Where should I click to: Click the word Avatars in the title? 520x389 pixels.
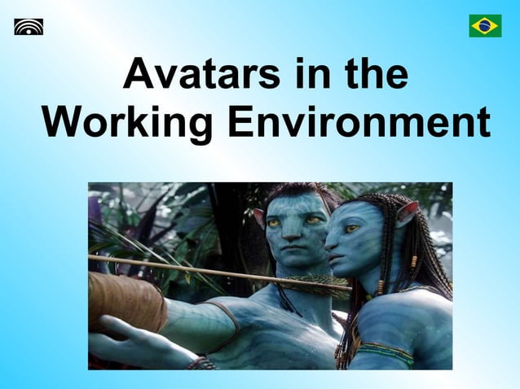tap(196, 75)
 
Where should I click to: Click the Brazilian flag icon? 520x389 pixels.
tap(485, 26)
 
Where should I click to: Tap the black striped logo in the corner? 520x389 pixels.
tap(29, 27)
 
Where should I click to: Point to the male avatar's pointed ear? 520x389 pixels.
tap(259, 217)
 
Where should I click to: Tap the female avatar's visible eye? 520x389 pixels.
tap(352, 230)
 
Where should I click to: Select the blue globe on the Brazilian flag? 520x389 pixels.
tap(485, 26)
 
